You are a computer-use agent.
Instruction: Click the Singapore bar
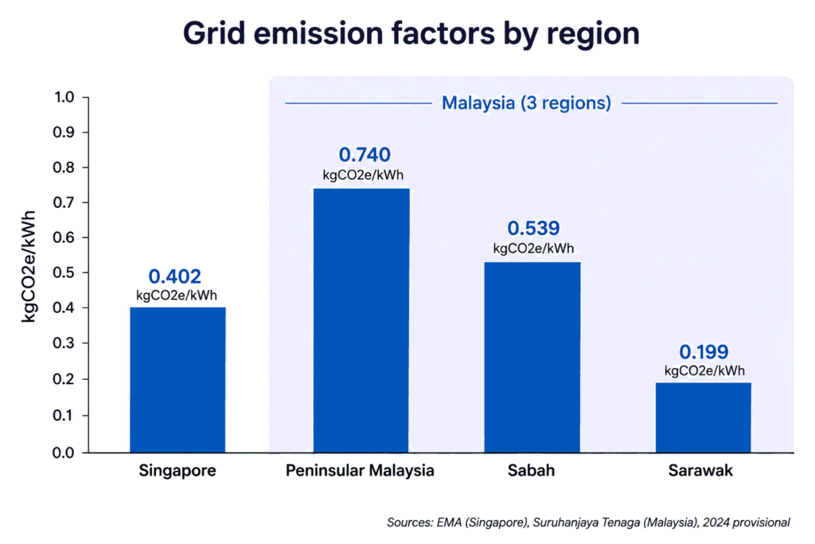177,380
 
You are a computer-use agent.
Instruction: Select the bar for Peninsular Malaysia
361,320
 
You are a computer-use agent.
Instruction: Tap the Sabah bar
532,358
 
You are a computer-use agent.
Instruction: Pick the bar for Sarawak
704,417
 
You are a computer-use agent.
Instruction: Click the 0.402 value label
174,276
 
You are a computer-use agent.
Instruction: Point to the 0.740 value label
365,155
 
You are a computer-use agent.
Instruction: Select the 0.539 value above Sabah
533,228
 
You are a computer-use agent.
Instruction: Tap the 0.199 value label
704,351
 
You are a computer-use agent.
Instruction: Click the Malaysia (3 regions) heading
526,103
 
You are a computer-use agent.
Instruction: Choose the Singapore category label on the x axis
177,471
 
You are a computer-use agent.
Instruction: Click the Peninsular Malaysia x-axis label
360,470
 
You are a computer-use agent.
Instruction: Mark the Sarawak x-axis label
700,470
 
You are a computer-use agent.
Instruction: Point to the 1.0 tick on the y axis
64,96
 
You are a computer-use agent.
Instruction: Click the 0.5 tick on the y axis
64,272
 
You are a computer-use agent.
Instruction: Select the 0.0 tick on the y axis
64,452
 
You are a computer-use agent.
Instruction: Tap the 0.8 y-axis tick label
64,167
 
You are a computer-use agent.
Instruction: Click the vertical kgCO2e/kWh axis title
29,266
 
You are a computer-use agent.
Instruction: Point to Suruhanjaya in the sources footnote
561,522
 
